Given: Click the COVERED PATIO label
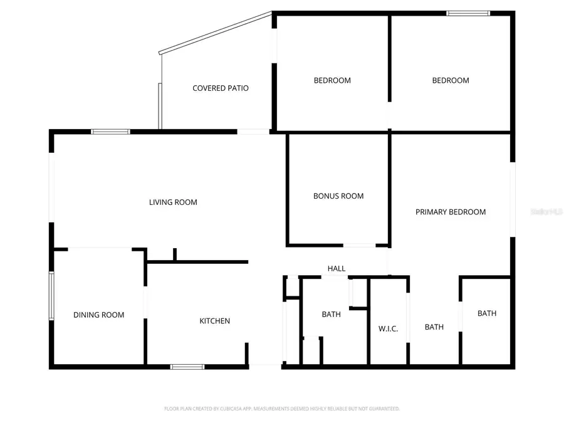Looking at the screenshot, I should click(x=220, y=88).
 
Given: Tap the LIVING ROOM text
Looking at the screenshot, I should click(x=173, y=202).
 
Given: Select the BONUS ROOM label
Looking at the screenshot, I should click(x=338, y=196).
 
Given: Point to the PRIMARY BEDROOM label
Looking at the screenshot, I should click(x=451, y=212).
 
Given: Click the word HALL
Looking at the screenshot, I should click(x=337, y=269).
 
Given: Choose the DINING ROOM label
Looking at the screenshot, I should click(x=98, y=315).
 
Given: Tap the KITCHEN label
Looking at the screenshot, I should click(x=215, y=321).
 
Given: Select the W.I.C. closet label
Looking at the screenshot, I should click(x=388, y=329).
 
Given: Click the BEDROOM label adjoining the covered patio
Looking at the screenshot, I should click(x=332, y=80).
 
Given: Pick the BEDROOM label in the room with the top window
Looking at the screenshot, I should click(x=451, y=80).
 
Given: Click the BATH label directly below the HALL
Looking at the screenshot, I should click(x=331, y=314).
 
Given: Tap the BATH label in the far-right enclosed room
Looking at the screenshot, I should click(x=487, y=313).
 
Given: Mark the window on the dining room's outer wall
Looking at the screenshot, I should click(x=52, y=296).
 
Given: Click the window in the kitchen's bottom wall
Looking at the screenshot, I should click(x=187, y=367).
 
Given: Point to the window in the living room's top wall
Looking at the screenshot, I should click(x=110, y=132).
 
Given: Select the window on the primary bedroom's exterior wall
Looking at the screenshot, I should click(x=513, y=199).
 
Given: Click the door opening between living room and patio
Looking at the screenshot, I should click(x=253, y=132).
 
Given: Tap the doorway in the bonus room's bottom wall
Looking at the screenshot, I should click(x=360, y=245).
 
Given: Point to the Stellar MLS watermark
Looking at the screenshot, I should click(x=546, y=212).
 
